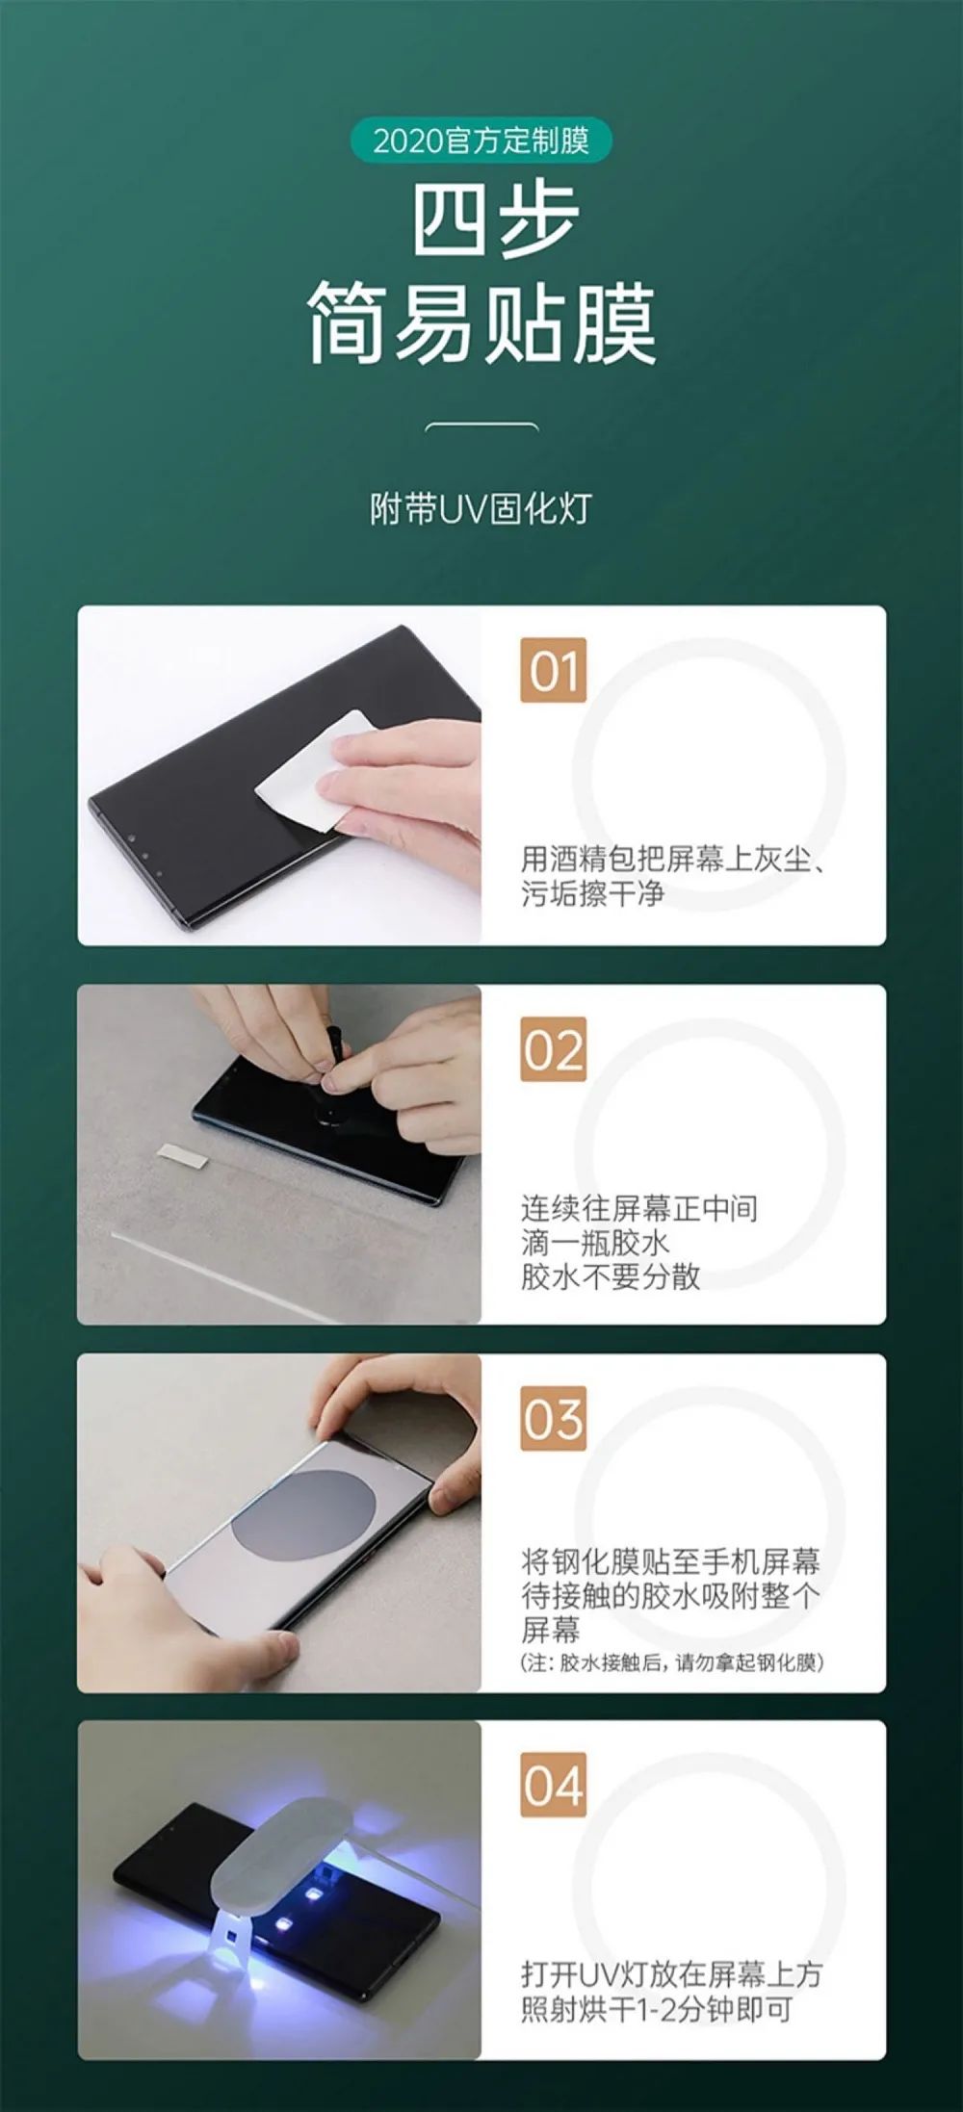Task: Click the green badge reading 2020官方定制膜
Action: coord(481,141)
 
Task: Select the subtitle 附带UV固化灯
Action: coord(481,508)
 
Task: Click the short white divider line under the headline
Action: coord(481,425)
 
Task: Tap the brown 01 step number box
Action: coord(554,670)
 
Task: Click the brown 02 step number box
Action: coord(554,1049)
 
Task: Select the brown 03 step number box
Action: coord(554,1418)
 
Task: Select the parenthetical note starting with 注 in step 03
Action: coord(672,1661)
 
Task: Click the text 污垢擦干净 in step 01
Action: coord(592,893)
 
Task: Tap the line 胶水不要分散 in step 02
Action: coord(611,1276)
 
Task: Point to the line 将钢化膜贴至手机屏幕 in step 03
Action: coord(670,1560)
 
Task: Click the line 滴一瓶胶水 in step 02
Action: coord(595,1242)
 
